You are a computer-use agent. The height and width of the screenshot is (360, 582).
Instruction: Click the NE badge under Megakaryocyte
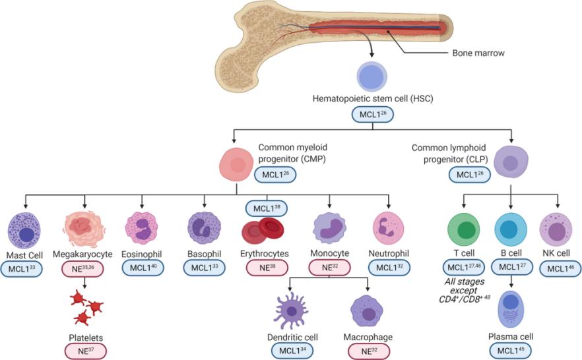coord(85,268)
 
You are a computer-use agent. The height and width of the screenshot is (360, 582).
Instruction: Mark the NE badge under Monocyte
coord(329,268)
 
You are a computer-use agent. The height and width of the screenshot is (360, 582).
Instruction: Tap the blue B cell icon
coord(511,229)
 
